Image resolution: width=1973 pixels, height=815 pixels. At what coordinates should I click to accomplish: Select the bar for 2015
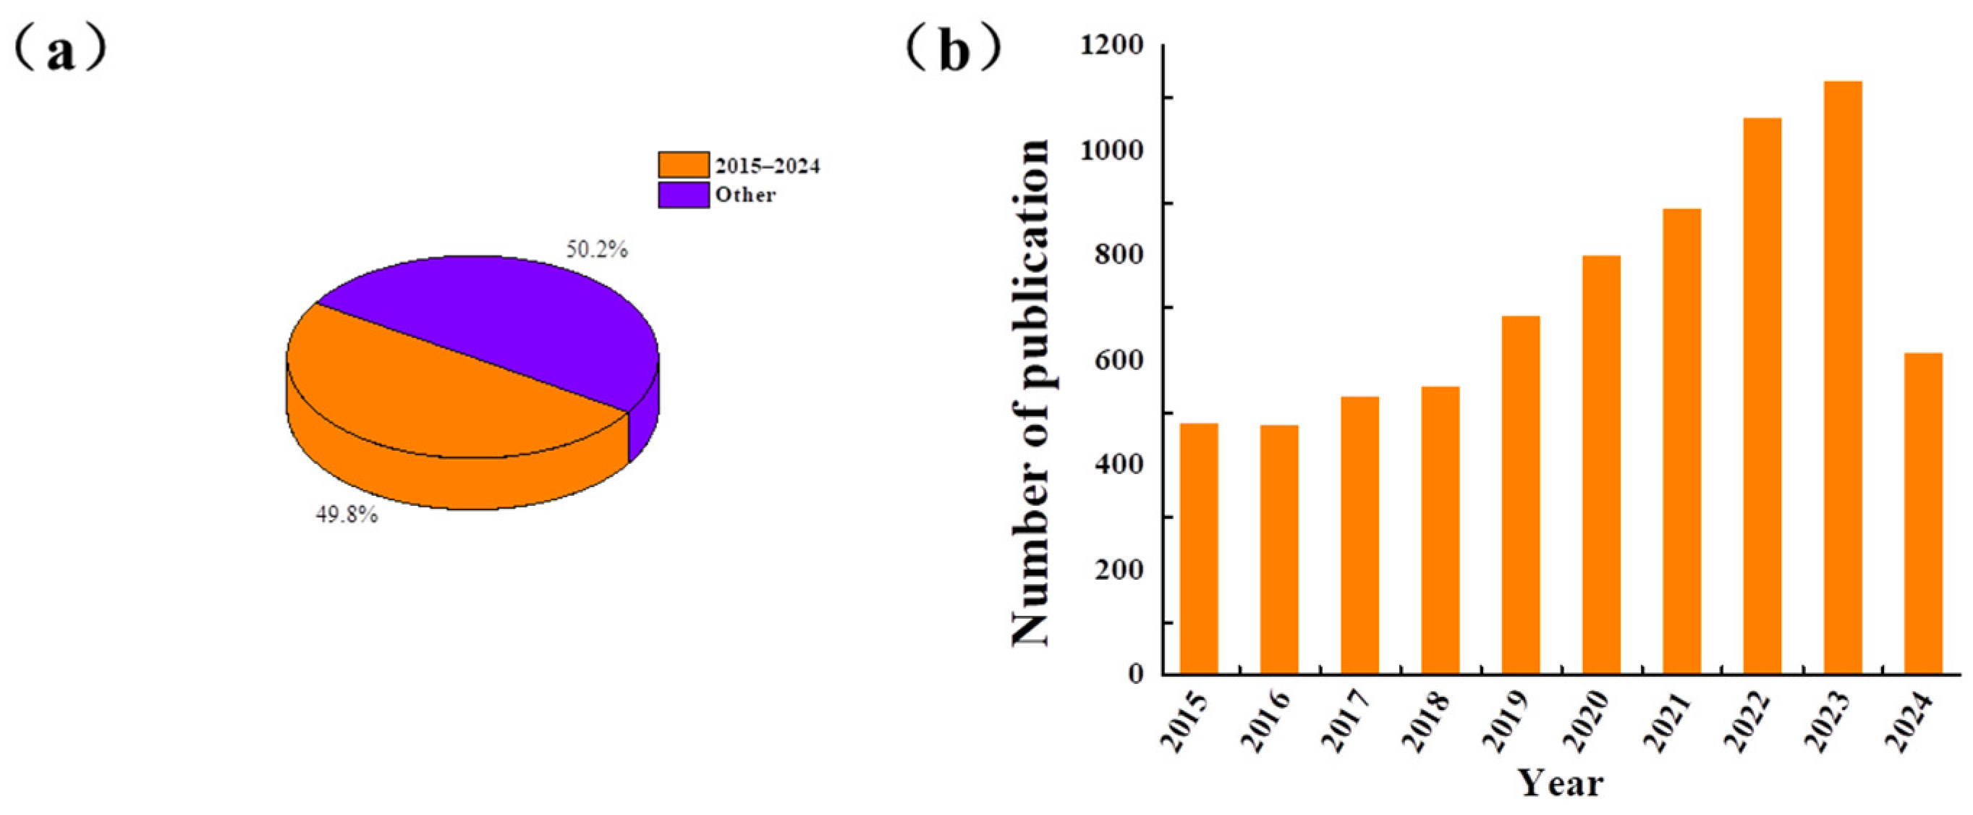tap(1199, 549)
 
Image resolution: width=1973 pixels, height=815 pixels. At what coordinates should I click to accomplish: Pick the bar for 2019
tap(1520, 495)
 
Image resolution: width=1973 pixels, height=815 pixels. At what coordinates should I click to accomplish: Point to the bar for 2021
tap(1681, 442)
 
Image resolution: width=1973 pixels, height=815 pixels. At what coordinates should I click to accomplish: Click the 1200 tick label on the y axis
tap(1111, 46)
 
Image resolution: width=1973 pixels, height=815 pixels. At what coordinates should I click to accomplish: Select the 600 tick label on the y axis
tap(1119, 360)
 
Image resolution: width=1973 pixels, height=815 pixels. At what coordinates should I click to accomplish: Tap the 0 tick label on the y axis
tap(1136, 674)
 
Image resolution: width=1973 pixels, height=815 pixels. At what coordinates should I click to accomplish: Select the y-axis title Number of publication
tap(1030, 392)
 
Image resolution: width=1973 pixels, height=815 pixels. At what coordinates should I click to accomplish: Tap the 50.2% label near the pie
tap(597, 250)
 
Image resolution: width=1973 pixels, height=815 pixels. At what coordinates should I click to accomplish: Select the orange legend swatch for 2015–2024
tap(683, 166)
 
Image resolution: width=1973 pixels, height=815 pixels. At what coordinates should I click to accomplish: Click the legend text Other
tap(745, 195)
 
